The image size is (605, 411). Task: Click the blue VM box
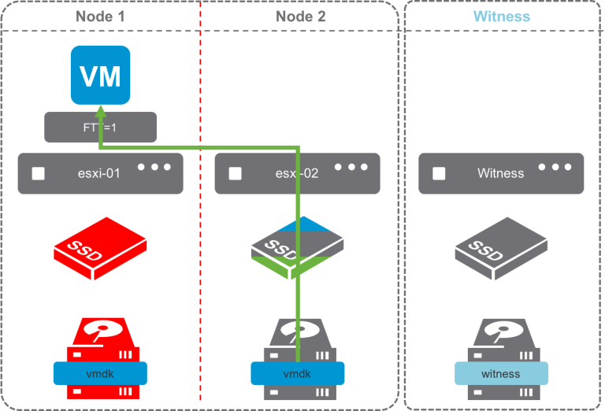point(101,76)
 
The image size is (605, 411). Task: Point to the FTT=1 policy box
point(100,127)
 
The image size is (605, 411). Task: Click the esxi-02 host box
point(297,173)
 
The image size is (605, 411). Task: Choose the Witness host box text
point(500,173)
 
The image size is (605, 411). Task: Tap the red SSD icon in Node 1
point(100,248)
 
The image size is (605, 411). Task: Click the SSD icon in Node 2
point(297,248)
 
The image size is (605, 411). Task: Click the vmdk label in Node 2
point(297,373)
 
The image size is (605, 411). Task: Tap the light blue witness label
point(501,373)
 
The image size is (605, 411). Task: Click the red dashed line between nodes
point(201,236)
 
